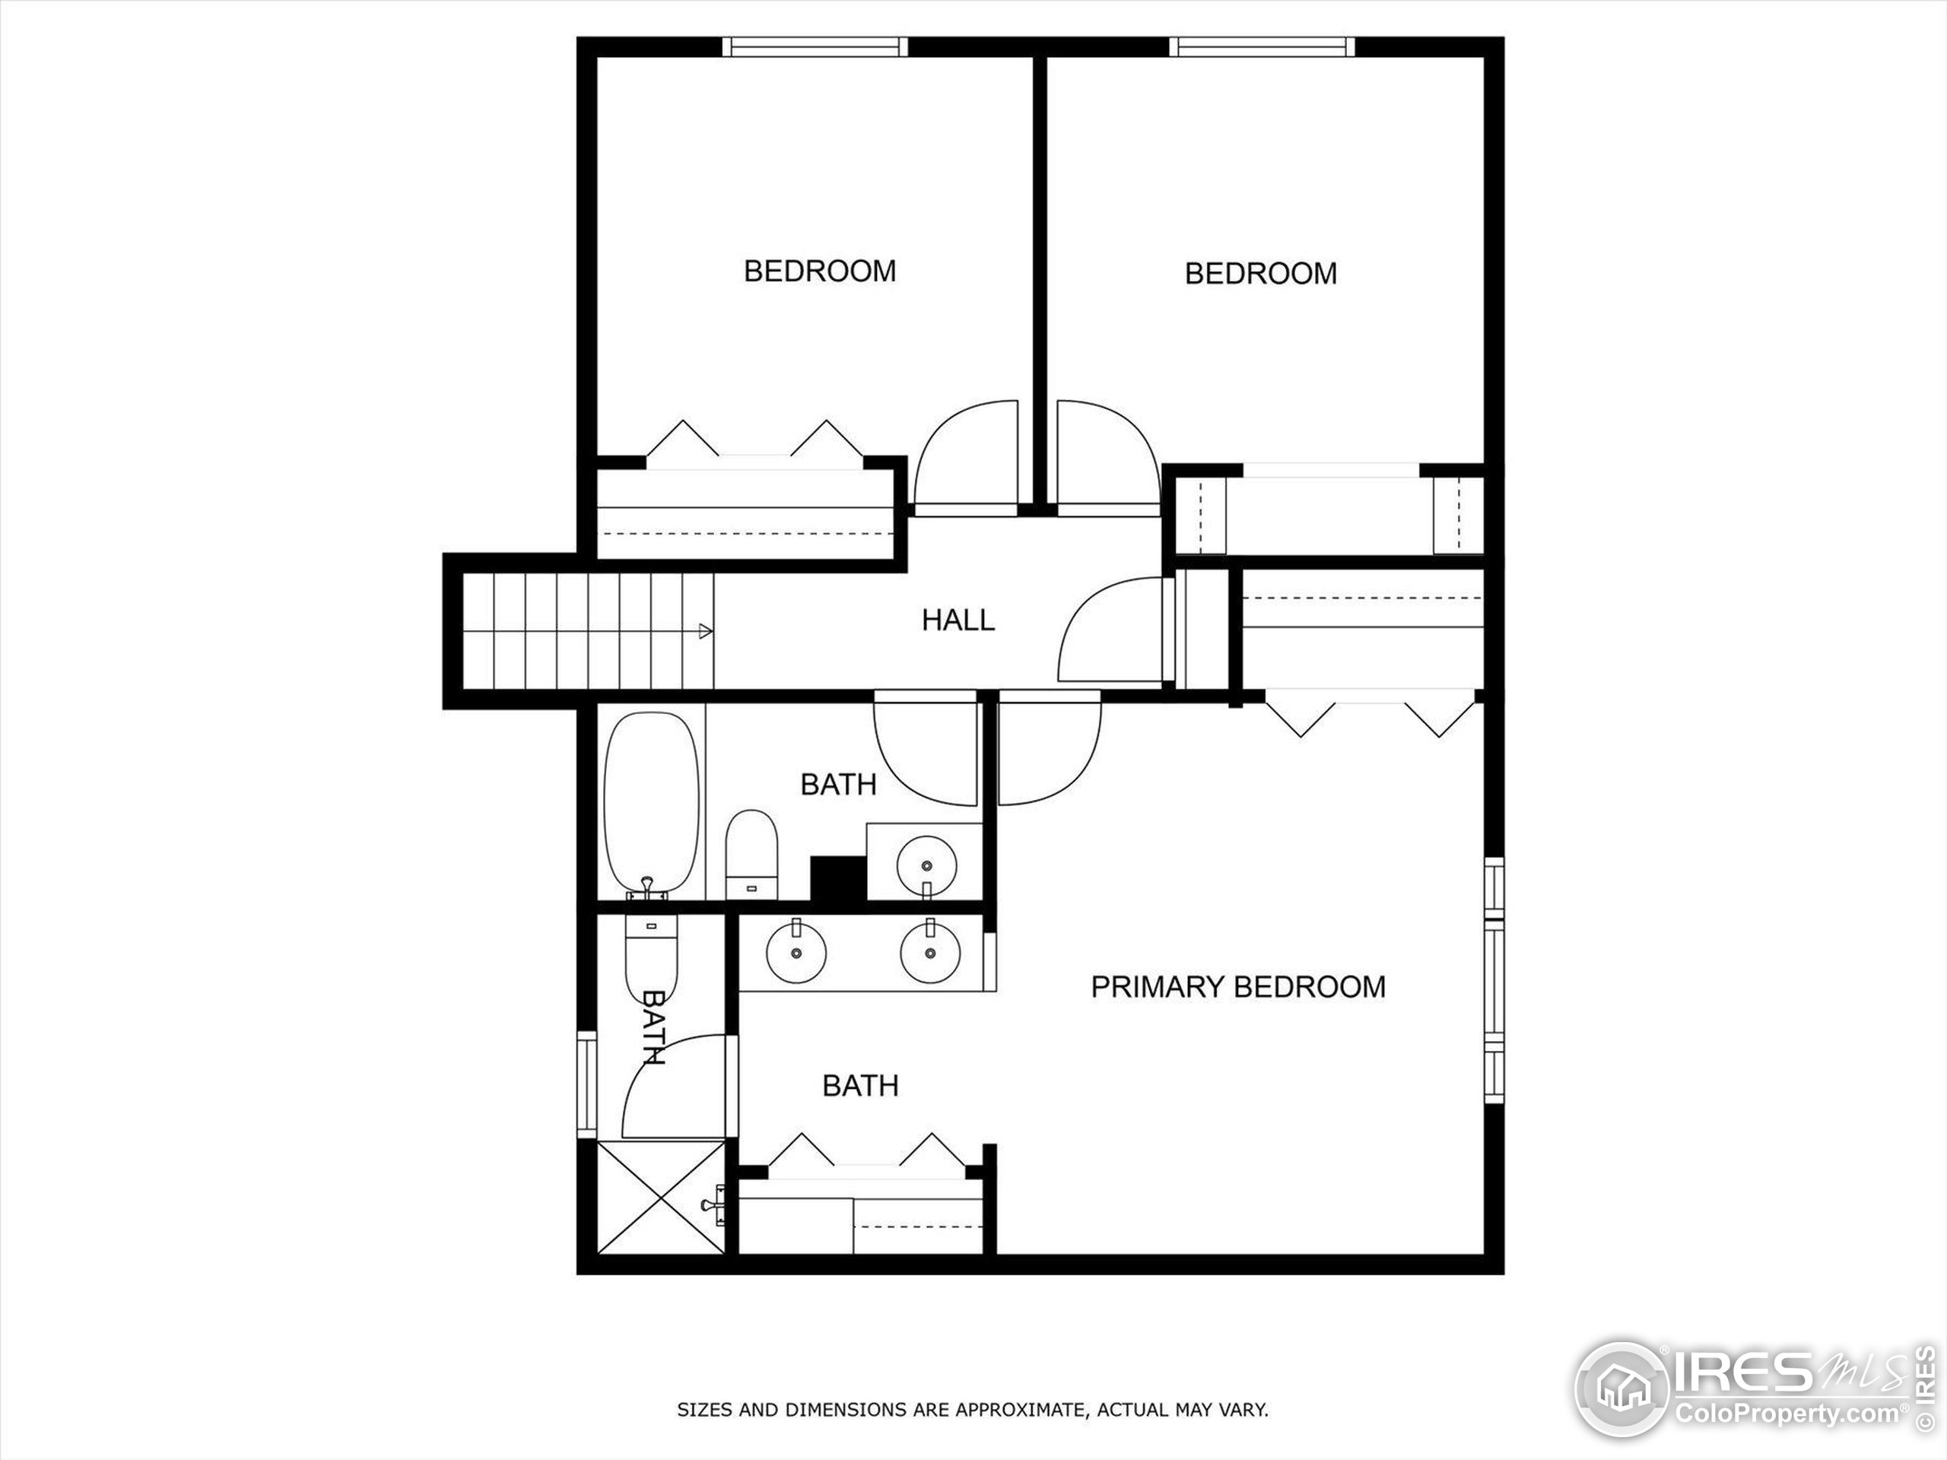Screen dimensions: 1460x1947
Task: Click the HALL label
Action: [958, 620]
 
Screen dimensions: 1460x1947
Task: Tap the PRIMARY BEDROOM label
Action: [1237, 986]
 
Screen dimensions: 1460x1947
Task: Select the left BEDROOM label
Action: [819, 271]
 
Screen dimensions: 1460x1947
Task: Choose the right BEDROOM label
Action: [1260, 274]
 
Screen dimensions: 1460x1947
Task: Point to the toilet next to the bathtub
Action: [751, 854]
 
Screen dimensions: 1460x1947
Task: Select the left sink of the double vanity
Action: [796, 953]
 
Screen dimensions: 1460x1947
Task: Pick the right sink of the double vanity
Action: [929, 953]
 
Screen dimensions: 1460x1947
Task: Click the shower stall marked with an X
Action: [660, 1197]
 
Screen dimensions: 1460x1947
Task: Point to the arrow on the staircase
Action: [705, 630]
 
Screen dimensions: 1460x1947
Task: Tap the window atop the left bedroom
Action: [815, 46]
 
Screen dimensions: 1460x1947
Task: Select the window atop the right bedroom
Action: [1261, 46]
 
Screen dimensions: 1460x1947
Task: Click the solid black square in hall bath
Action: [837, 878]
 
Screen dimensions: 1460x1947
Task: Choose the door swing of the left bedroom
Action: [967, 458]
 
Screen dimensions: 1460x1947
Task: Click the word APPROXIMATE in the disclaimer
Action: [1019, 1410]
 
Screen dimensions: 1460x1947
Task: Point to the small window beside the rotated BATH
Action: [586, 1084]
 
